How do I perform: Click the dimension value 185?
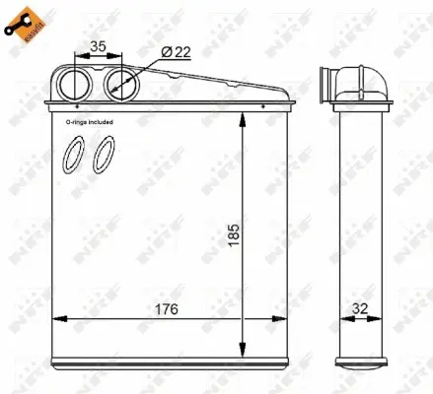point(233,235)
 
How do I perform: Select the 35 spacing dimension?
point(97,44)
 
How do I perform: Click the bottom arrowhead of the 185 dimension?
point(243,351)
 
